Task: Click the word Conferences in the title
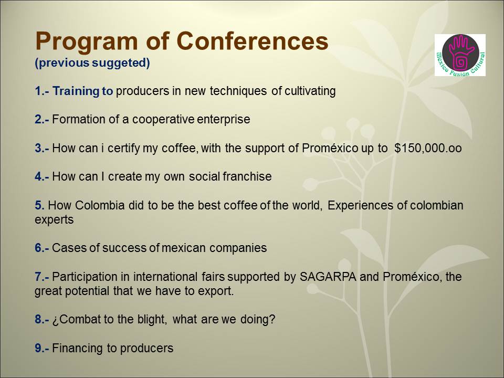click(x=253, y=41)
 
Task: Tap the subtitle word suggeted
click(x=121, y=62)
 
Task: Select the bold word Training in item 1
click(x=76, y=91)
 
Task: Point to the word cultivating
click(x=309, y=91)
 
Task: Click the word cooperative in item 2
click(x=163, y=120)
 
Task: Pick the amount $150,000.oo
click(x=428, y=148)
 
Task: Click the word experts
click(x=54, y=220)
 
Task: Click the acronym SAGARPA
click(x=328, y=277)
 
